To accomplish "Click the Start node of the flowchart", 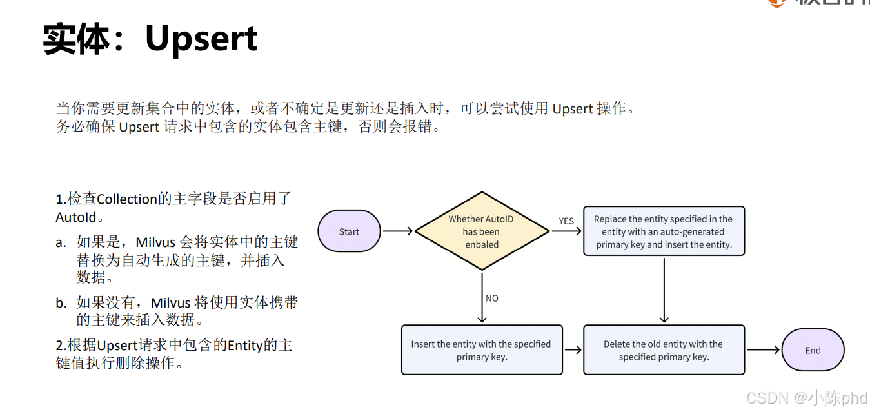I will click(349, 231).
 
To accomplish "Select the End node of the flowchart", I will click(813, 351).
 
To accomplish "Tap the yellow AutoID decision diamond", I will click(481, 231).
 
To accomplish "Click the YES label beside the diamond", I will click(566, 221).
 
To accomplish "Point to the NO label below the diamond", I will click(492, 299).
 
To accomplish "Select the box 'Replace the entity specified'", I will click(664, 231).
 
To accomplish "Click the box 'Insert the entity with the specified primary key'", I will click(481, 350).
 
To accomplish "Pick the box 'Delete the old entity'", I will click(664, 350).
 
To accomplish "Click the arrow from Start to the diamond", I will click(398, 231).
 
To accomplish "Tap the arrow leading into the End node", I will click(763, 350).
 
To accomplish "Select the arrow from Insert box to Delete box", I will click(572, 350).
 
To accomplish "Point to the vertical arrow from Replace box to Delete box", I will click(664, 290).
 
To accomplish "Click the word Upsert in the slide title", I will click(201, 39).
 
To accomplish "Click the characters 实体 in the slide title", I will click(76, 39).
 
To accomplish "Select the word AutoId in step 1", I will click(76, 217).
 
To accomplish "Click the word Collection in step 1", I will click(127, 199).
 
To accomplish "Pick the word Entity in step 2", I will click(244, 346).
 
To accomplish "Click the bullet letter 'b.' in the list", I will click(61, 302).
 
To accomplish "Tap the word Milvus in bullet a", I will click(155, 242).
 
